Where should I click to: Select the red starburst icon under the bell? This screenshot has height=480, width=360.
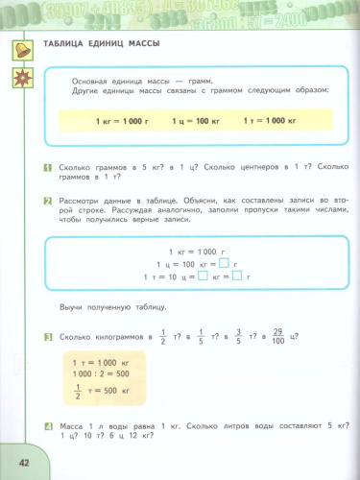pyautogui.click(x=20, y=78)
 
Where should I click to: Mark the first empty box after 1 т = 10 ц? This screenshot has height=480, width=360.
pyautogui.click(x=202, y=276)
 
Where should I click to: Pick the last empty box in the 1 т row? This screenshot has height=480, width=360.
pyautogui.click(x=237, y=276)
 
